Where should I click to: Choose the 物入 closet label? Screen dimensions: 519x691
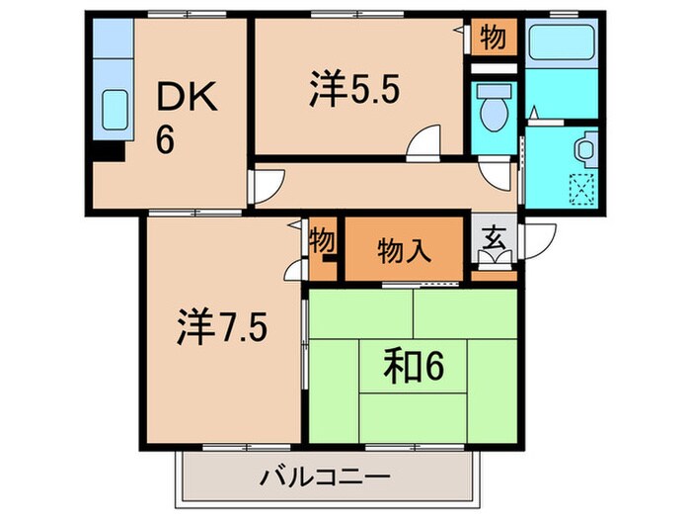[x=404, y=251]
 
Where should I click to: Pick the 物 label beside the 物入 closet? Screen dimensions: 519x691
[x=322, y=240]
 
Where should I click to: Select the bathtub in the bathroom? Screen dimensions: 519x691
[x=559, y=43]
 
